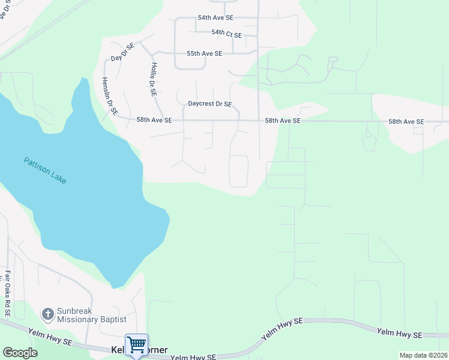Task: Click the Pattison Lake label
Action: click(x=45, y=170)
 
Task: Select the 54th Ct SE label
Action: click(x=226, y=35)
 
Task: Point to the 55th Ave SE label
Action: click(x=204, y=53)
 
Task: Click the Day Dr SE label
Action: click(x=121, y=52)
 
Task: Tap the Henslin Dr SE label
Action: click(x=109, y=97)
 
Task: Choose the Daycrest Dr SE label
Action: click(x=209, y=104)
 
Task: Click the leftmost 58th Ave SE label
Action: click(x=154, y=121)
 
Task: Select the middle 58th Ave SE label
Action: click(x=283, y=121)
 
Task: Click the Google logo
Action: click(x=20, y=353)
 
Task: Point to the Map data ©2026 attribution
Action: click(x=423, y=355)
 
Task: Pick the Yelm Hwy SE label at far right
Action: click(x=399, y=333)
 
